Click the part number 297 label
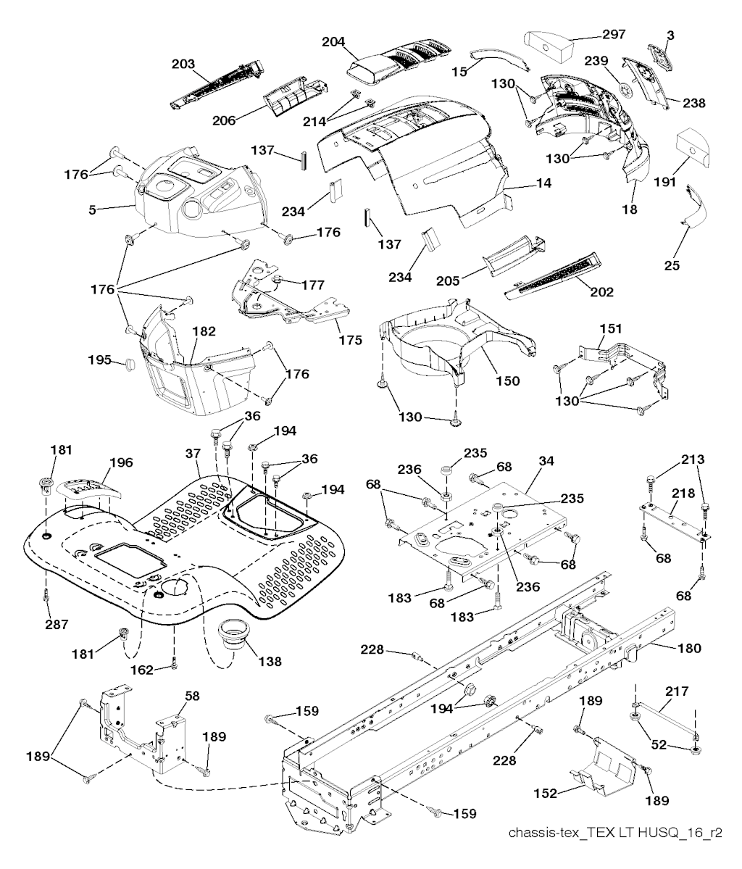pyautogui.click(x=614, y=34)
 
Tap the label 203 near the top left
pyautogui.click(x=183, y=64)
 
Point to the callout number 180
pyautogui.click(x=689, y=648)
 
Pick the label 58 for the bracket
pyautogui.click(x=191, y=695)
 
